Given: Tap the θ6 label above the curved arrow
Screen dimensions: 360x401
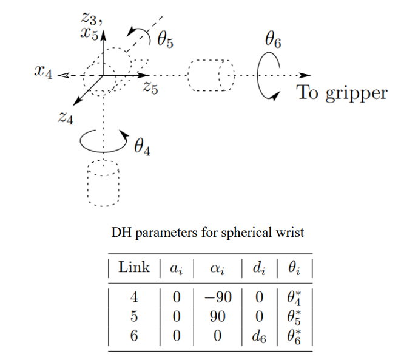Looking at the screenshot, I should click(x=273, y=40).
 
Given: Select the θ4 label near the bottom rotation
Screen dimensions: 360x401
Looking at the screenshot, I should click(x=142, y=146).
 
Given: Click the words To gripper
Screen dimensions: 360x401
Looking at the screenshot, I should click(x=342, y=93).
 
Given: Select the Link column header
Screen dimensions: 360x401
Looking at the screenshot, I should click(x=134, y=268).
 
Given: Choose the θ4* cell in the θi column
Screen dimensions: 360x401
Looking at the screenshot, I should click(x=295, y=298).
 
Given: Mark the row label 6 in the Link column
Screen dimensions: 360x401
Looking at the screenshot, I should click(x=134, y=336).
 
